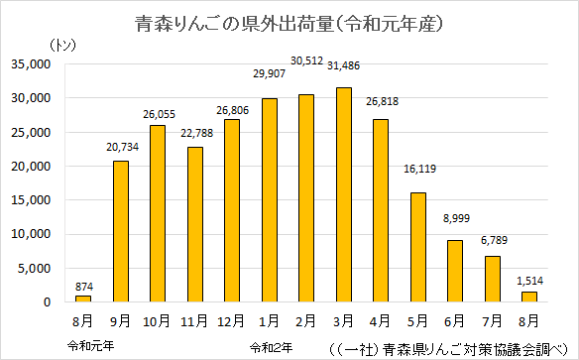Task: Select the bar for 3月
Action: coord(343,194)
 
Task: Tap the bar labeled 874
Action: coord(83,299)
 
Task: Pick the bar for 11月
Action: coord(195,224)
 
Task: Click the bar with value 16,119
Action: coord(418,247)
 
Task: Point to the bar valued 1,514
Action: coord(529,297)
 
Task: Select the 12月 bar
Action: coord(232,210)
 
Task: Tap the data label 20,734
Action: coord(121,147)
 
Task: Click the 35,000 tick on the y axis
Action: coord(34,64)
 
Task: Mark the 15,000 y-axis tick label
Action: coord(34,200)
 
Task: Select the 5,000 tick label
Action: coord(38,268)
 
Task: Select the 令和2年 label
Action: coord(271,346)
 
